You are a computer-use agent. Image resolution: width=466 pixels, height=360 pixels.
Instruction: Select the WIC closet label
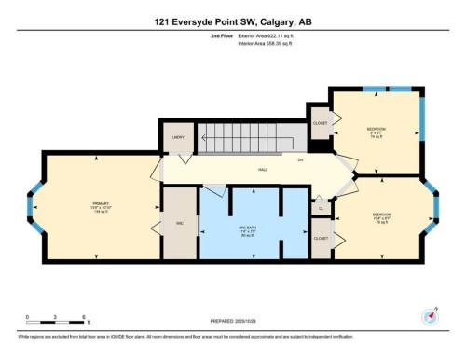180,224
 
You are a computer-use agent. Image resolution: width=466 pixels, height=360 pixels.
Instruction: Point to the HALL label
263,170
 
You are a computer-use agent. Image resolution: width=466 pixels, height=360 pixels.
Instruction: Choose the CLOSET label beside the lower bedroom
322,239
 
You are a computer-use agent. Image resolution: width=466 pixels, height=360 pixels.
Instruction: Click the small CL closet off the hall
321,209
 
